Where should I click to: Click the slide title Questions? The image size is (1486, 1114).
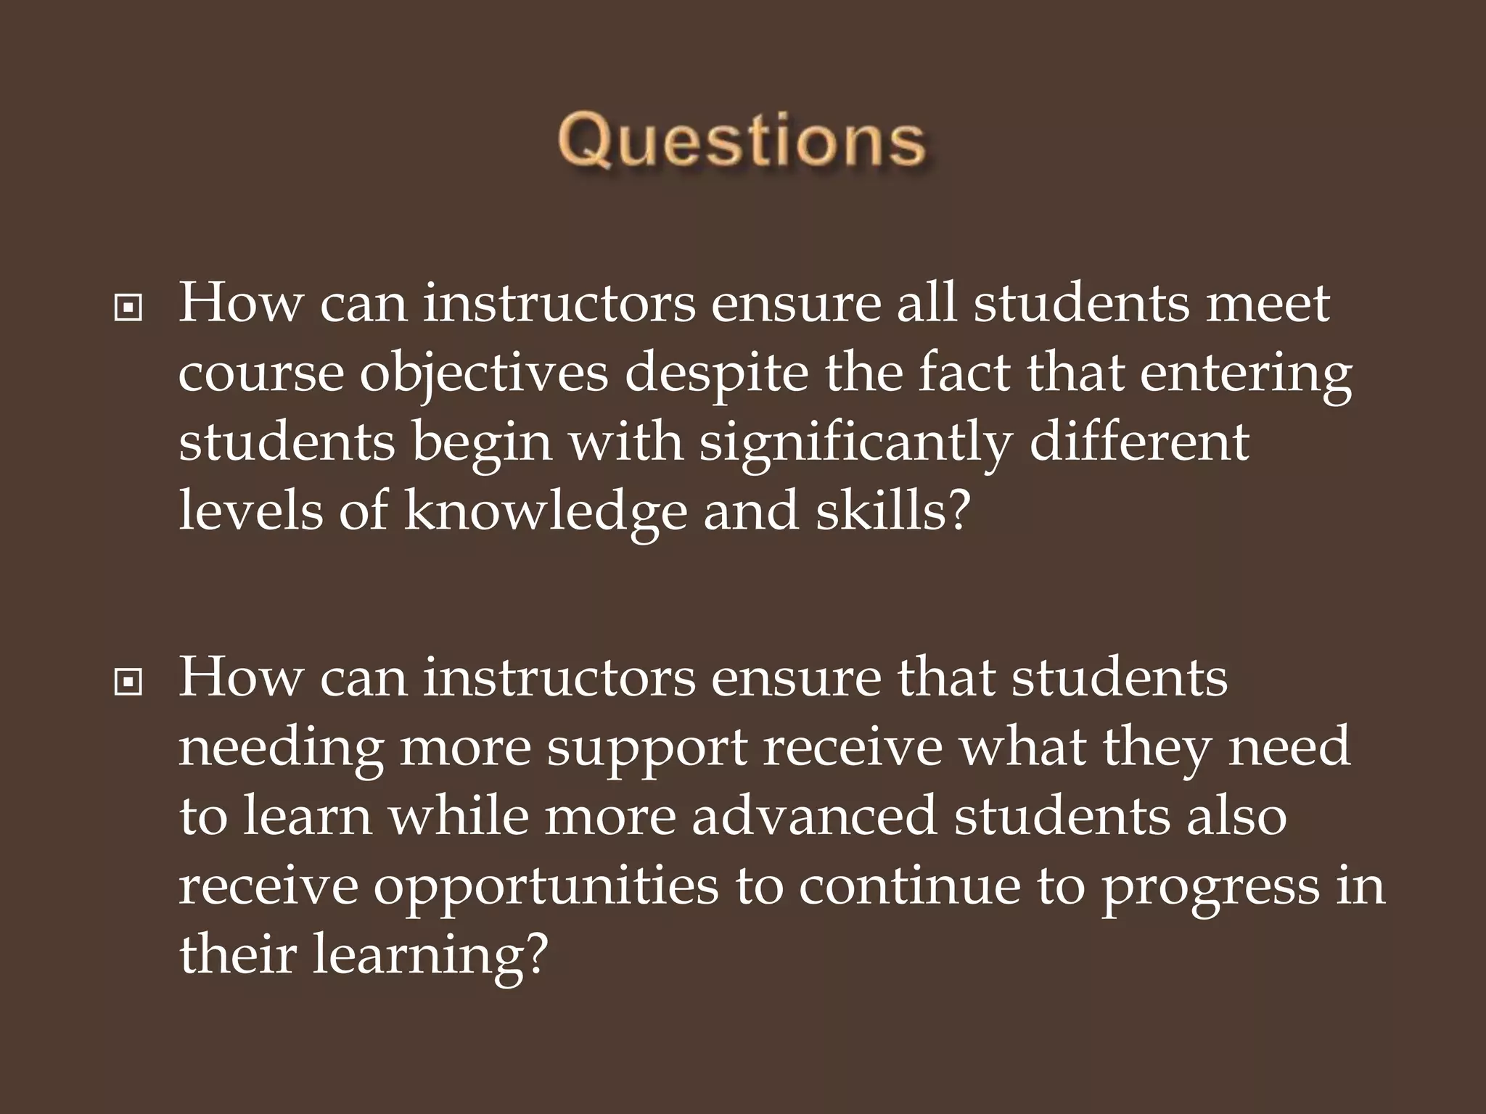click(x=742, y=142)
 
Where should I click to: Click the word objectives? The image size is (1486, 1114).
click(x=484, y=374)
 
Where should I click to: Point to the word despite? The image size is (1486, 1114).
click(x=715, y=374)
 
